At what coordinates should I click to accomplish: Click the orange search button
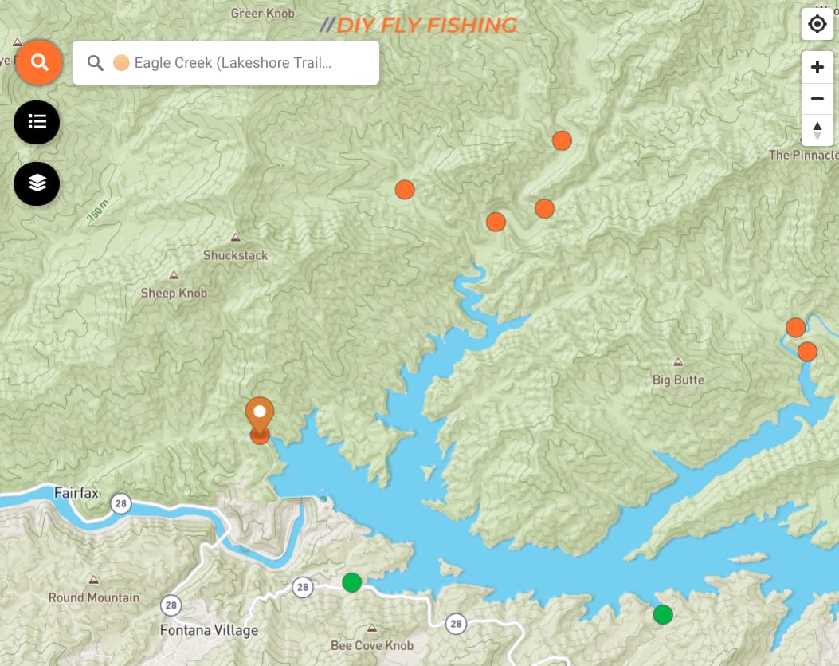coord(39,61)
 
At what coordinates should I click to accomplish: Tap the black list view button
coord(37,122)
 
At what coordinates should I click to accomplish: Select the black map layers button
coord(37,183)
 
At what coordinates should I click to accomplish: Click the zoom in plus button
coord(817,67)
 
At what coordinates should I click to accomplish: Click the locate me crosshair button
coord(817,25)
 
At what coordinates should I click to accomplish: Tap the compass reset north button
coord(817,129)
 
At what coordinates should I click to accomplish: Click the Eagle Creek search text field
coord(231,62)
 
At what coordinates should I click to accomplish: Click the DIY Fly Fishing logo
coord(418,25)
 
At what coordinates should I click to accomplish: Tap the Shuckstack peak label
coord(235,255)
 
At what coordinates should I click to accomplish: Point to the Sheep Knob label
coord(174,293)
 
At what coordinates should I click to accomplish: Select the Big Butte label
coord(678,380)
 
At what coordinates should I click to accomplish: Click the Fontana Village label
coord(209,630)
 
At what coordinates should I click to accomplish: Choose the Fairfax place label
coord(76,492)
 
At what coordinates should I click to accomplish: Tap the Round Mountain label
coord(93,597)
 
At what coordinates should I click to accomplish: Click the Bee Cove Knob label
coord(372,644)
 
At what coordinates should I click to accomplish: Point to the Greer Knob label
coord(262,13)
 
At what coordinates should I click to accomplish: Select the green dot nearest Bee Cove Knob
coord(351,583)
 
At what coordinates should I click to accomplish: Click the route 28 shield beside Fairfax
coord(120,504)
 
